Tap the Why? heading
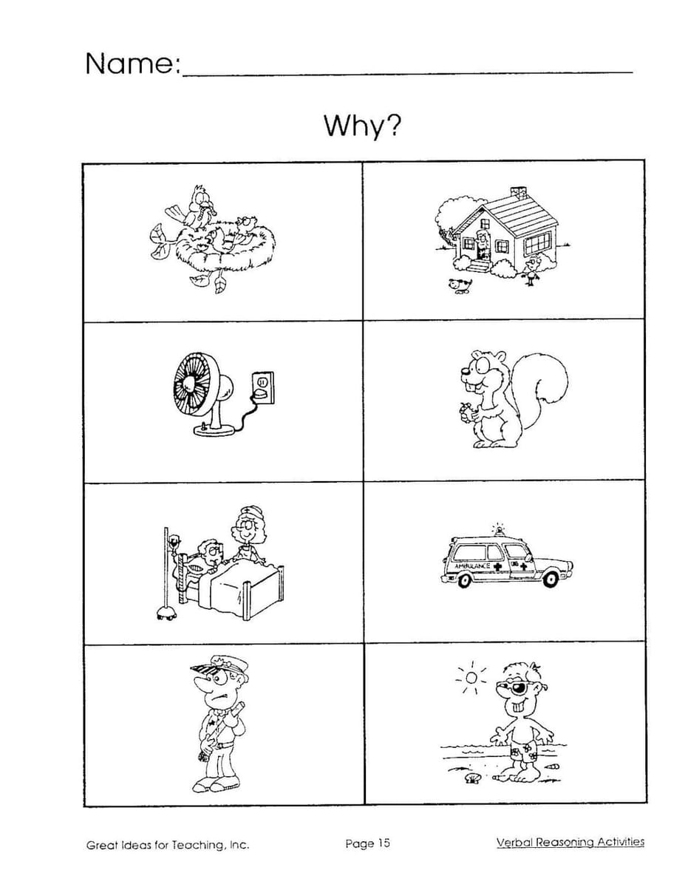[362, 126]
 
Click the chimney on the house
[518, 192]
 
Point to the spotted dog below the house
[460, 285]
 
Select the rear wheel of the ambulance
[464, 580]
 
